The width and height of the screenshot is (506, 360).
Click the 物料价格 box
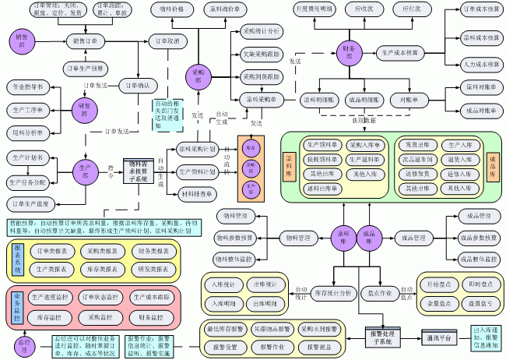[171, 9]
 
